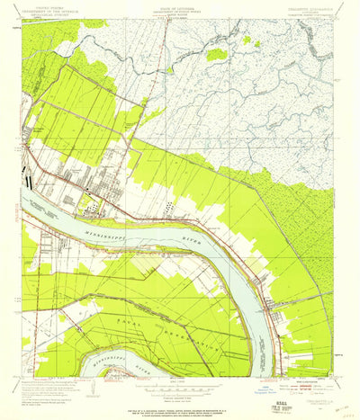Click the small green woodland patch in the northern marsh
click(216, 55)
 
